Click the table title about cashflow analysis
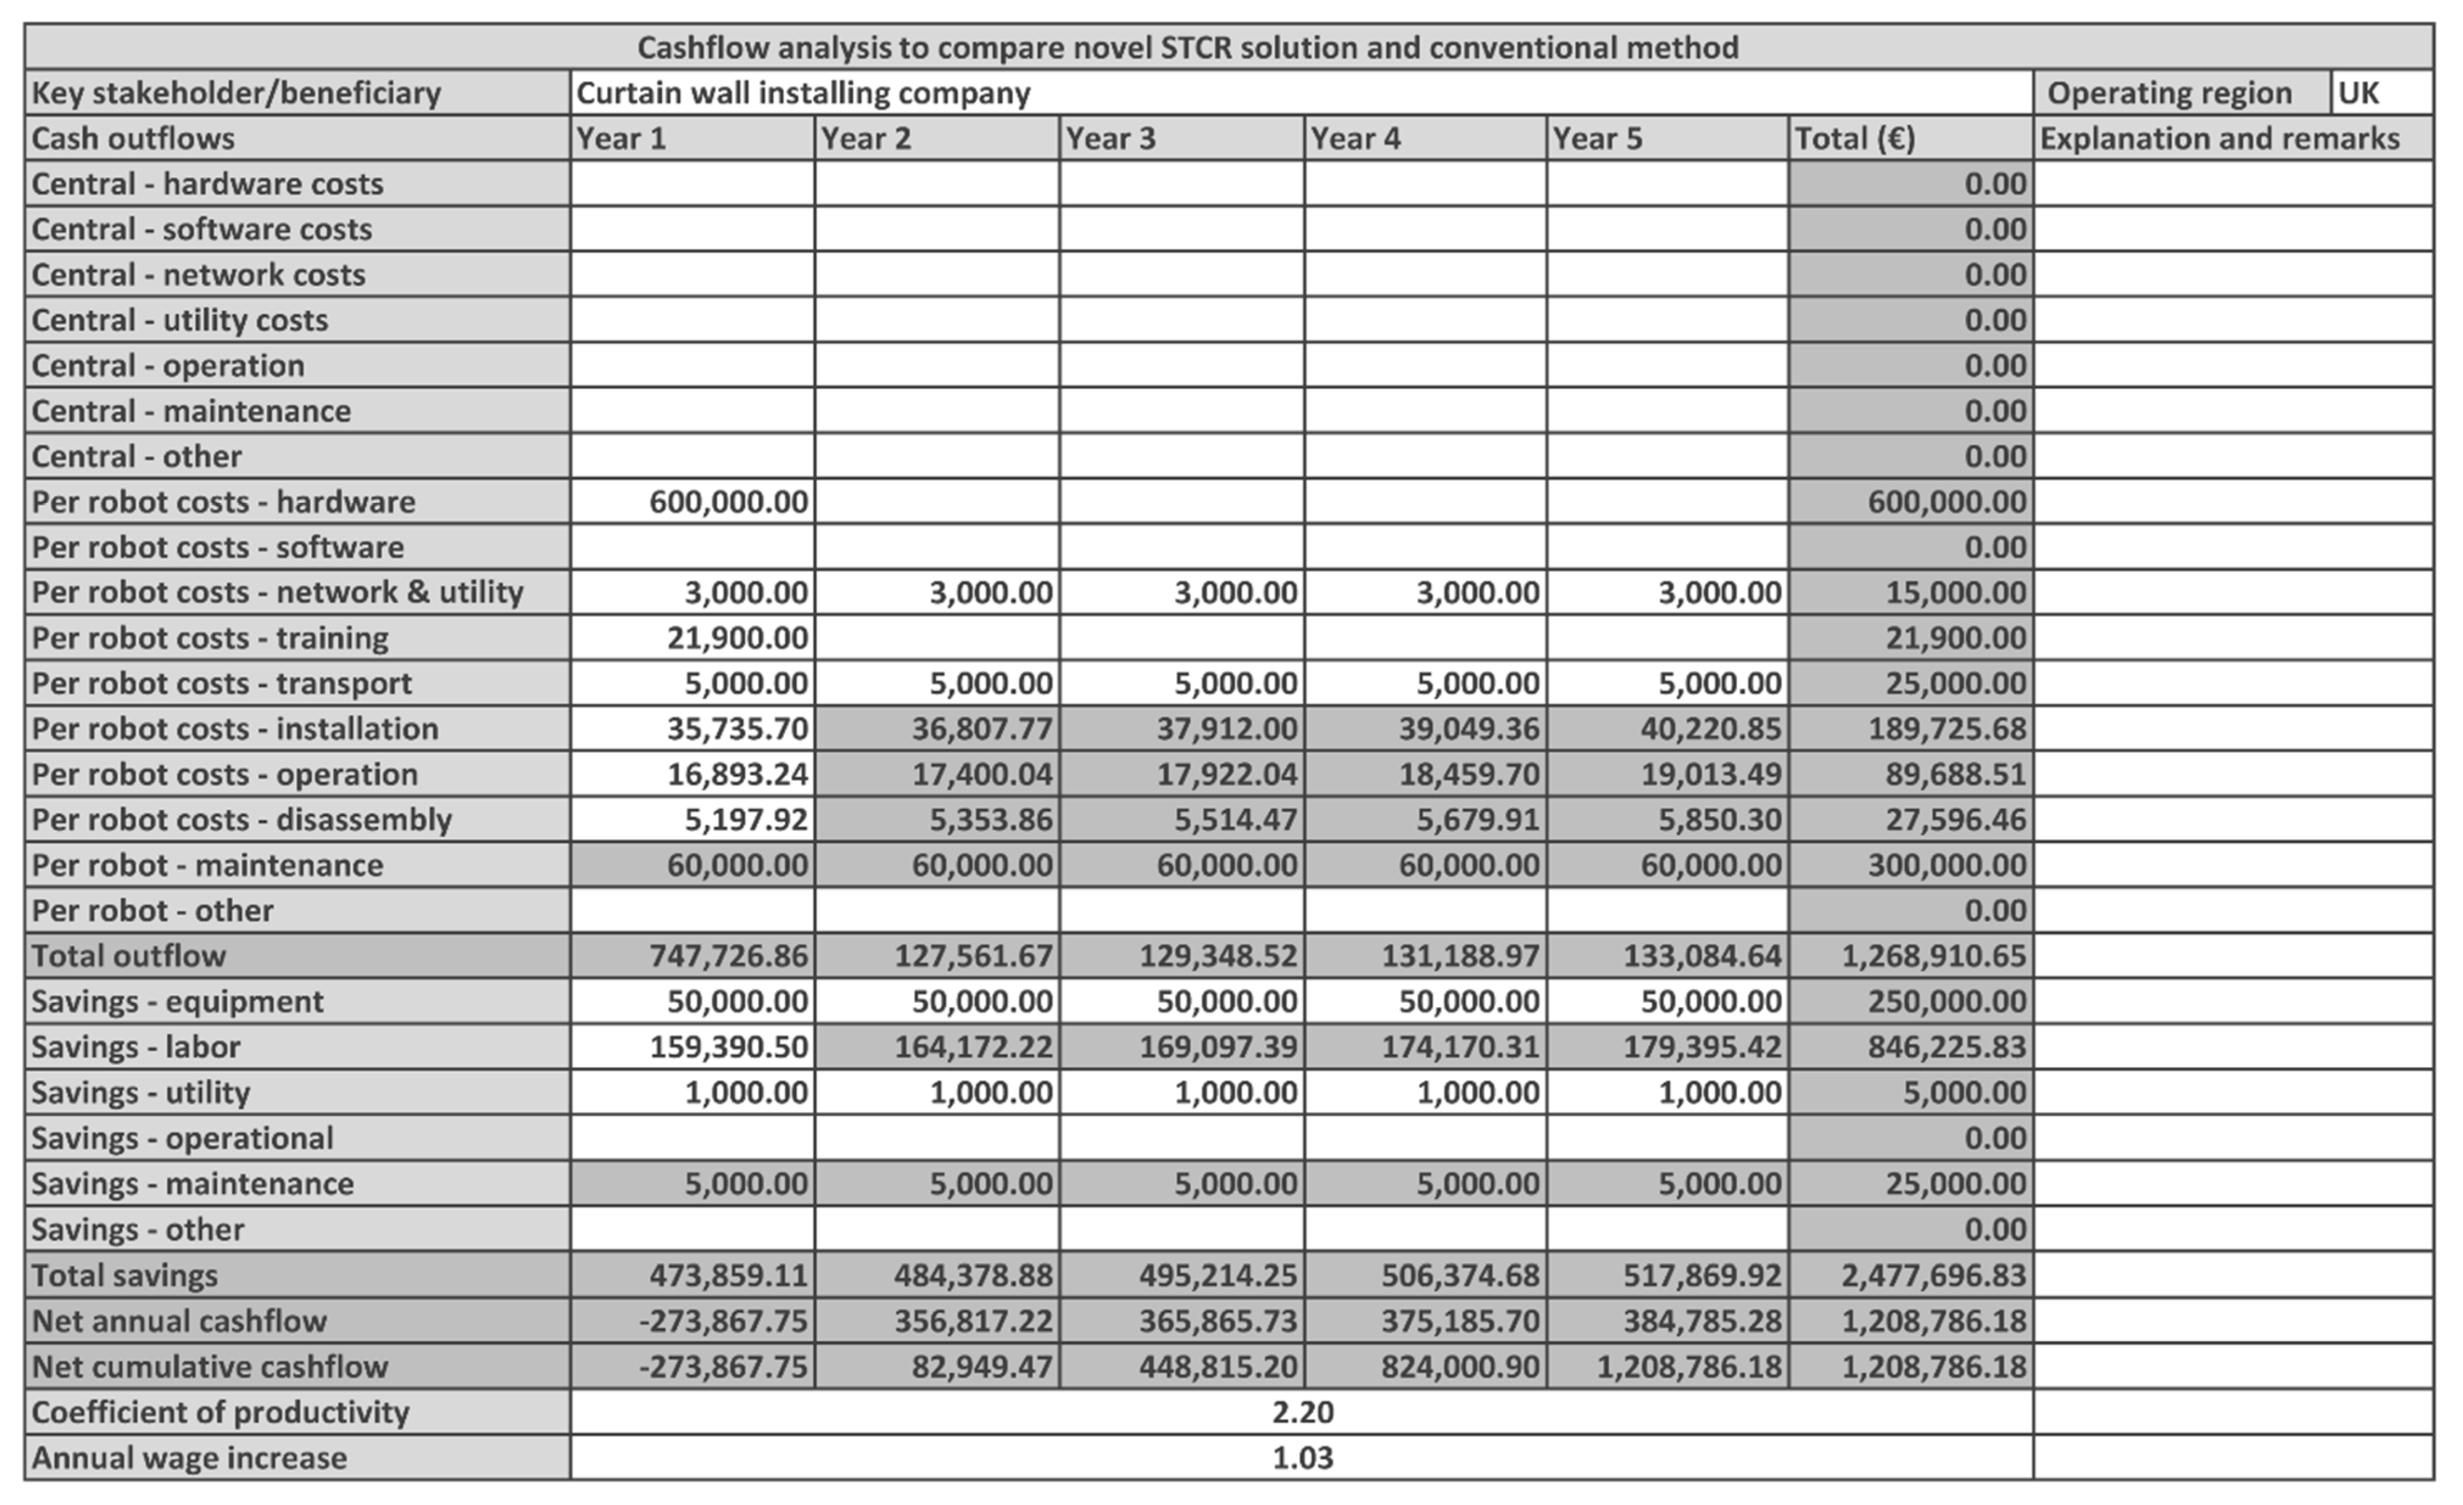pyautogui.click(x=1188, y=47)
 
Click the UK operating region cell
pyautogui.click(x=2359, y=93)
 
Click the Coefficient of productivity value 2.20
pyautogui.click(x=1302, y=1412)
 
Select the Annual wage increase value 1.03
pyautogui.click(x=1302, y=1458)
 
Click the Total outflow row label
pyautogui.click(x=129, y=956)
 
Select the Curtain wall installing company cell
pyautogui.click(x=803, y=93)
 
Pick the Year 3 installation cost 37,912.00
pyautogui.click(x=1227, y=728)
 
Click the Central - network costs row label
pyautogui.click(x=198, y=275)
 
